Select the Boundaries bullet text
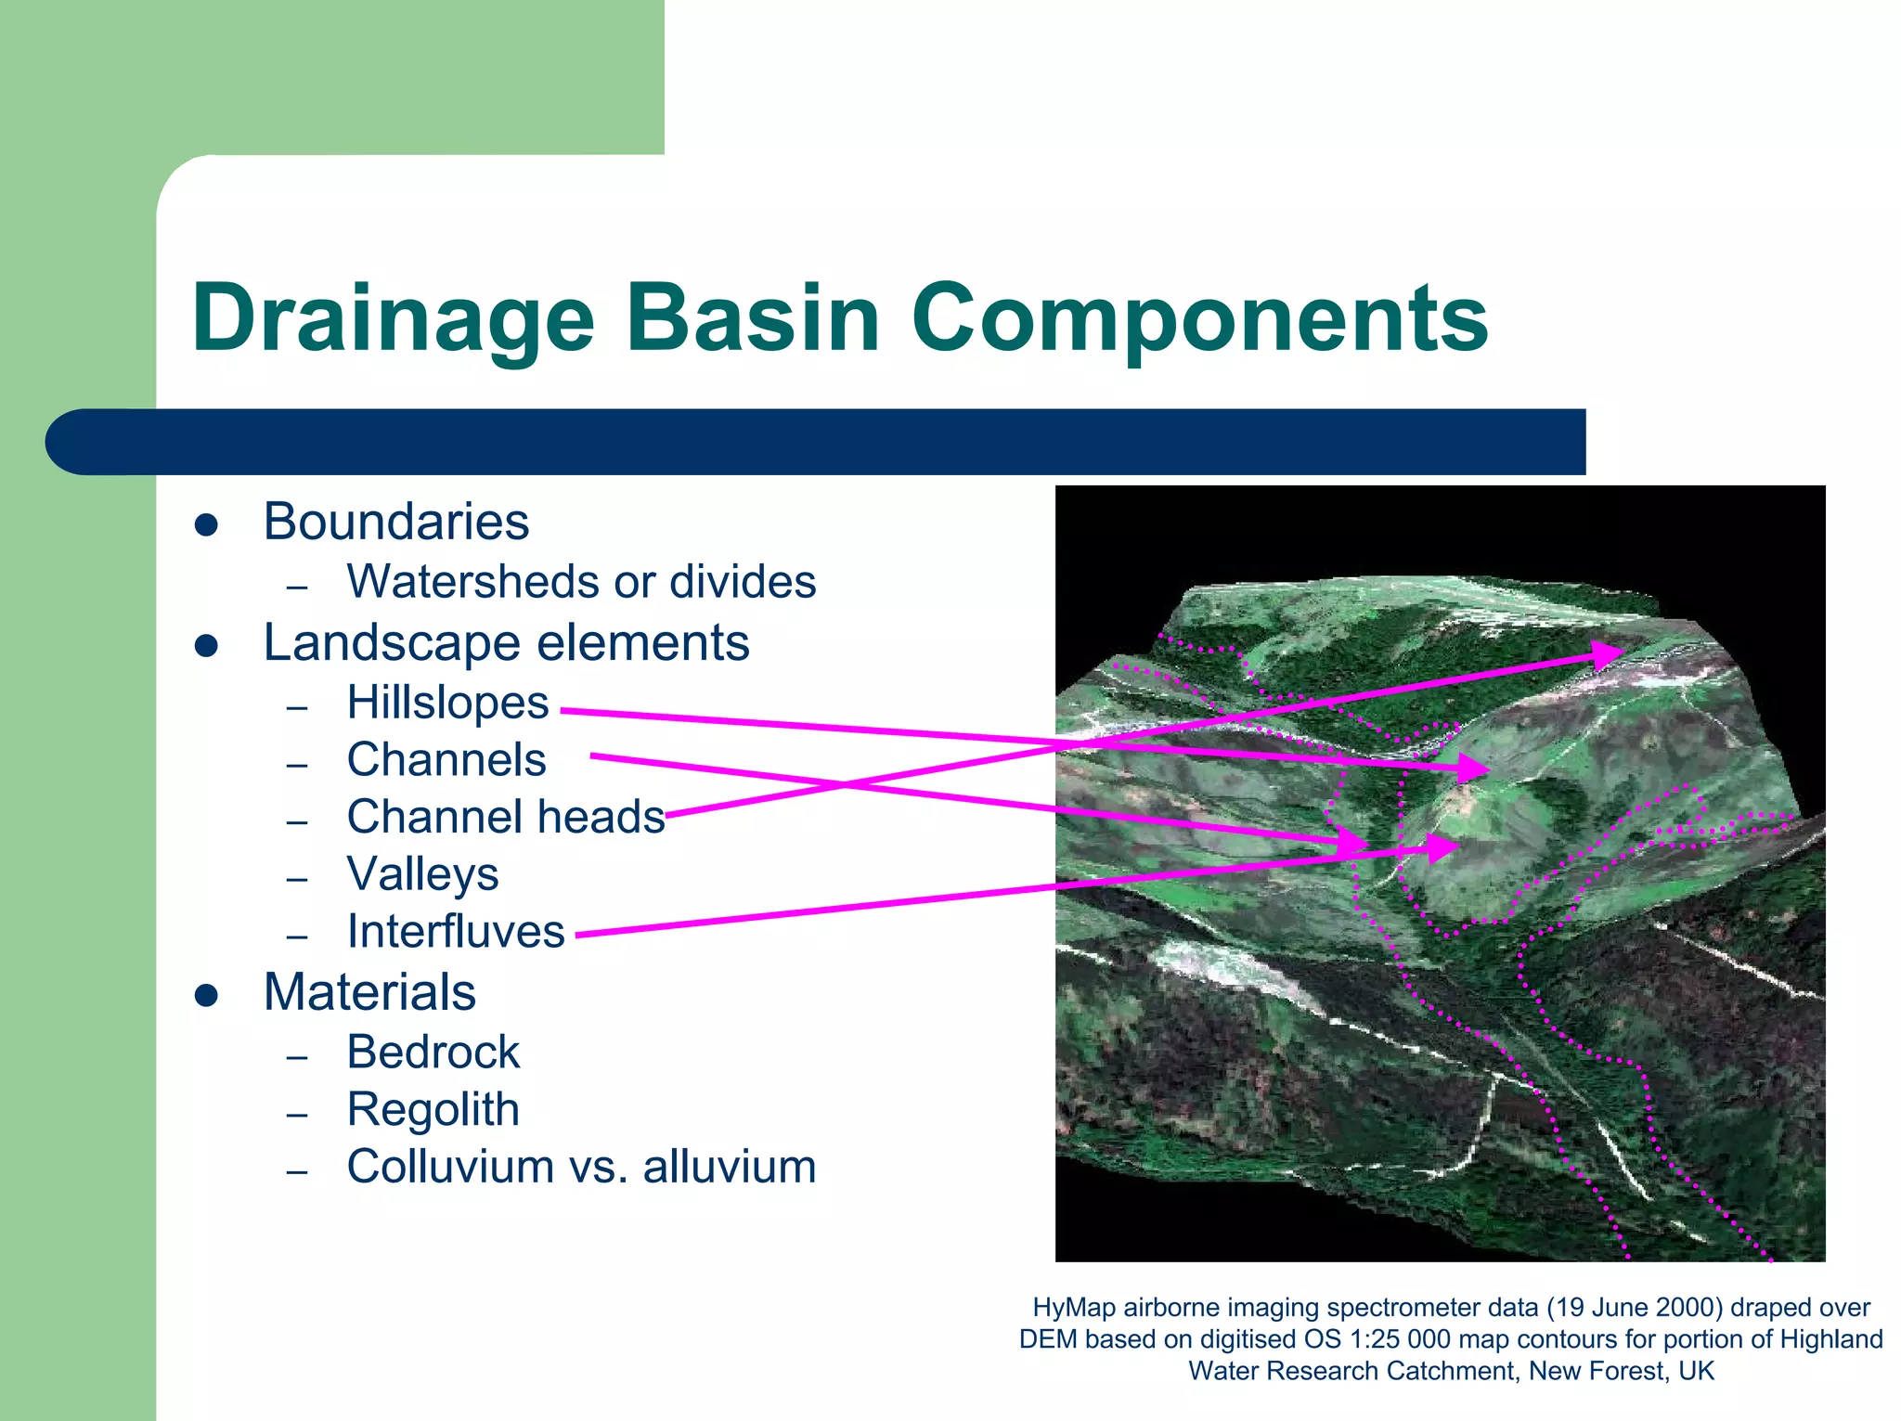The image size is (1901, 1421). click(x=395, y=522)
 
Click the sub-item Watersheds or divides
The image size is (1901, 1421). click(x=581, y=582)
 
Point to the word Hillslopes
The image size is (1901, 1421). click(x=447, y=703)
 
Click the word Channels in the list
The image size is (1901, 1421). click(x=446, y=760)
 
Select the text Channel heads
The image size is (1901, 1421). click(x=506, y=818)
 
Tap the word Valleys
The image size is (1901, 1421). click(x=422, y=874)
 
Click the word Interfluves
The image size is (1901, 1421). click(x=456, y=932)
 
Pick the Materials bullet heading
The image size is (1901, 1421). click(x=369, y=992)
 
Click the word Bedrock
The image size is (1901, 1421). click(x=433, y=1053)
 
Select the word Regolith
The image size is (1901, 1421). click(x=433, y=1110)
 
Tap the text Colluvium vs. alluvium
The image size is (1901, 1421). click(x=581, y=1167)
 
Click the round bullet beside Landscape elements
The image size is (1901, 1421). click(x=206, y=645)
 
